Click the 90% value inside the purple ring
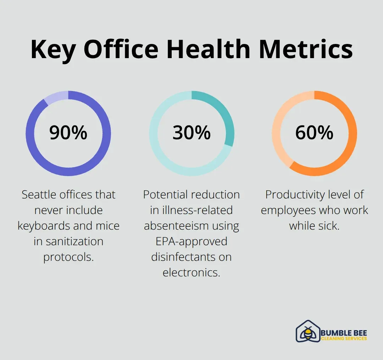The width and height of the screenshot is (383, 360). [68, 133]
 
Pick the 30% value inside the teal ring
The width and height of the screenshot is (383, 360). [191, 133]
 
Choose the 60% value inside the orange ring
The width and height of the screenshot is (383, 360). [314, 133]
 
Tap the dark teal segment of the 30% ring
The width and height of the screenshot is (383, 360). [223, 113]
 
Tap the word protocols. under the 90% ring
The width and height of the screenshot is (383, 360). [68, 257]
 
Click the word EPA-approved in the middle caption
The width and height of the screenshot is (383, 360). [191, 241]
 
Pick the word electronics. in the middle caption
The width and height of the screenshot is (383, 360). [191, 272]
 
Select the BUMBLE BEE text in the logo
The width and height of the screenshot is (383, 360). [344, 333]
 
